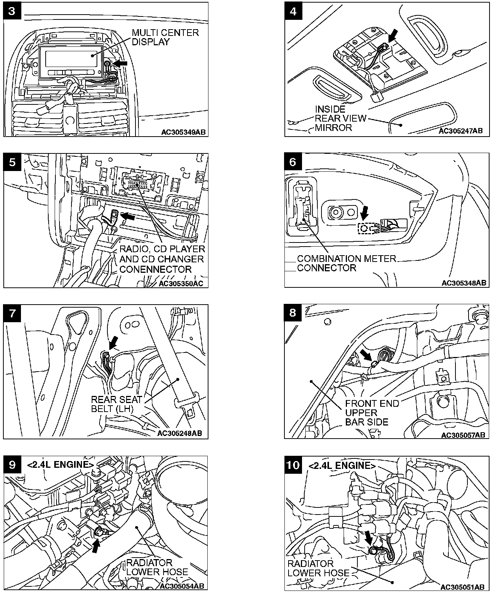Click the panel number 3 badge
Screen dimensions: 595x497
(x=12, y=11)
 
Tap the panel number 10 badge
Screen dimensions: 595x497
(x=293, y=465)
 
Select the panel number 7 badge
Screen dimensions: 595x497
(x=12, y=313)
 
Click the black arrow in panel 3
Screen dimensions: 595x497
(x=120, y=64)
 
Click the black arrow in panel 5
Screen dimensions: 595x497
(x=128, y=216)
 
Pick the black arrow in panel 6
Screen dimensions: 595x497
(x=364, y=213)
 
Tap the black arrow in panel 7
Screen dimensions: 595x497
(x=113, y=341)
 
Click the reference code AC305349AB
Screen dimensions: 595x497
(x=183, y=132)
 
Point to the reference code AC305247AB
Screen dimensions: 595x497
(x=460, y=131)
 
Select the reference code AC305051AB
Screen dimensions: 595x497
(x=463, y=587)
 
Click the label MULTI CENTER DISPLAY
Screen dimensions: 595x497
(x=165, y=37)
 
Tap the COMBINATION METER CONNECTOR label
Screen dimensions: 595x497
(x=346, y=263)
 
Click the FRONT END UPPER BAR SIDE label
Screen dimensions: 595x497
(x=372, y=413)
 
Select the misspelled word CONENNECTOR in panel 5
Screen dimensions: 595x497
(x=155, y=269)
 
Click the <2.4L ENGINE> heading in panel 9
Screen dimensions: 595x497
(x=60, y=465)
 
